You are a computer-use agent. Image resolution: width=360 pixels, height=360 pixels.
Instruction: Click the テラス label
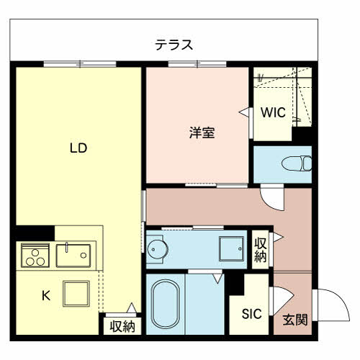pos(174,45)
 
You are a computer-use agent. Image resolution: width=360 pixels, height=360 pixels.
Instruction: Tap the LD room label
pos(78,148)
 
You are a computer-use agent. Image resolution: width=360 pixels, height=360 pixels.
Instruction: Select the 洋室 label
pos(202,132)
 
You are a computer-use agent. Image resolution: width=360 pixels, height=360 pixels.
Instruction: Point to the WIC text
pos(273,112)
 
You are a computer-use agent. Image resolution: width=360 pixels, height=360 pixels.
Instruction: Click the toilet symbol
pos(297,163)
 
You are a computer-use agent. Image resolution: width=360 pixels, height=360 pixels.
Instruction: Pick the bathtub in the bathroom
pos(165,304)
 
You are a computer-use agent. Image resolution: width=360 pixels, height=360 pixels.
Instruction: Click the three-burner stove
pos(35,256)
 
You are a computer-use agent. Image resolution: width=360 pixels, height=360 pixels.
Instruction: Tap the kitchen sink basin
pos(73,256)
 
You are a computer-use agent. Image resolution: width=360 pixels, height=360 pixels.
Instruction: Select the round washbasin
pos(157,249)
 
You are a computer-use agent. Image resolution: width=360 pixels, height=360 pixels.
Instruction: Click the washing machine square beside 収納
pos(231,248)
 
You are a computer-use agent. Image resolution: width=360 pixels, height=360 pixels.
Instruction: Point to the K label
pos(46,295)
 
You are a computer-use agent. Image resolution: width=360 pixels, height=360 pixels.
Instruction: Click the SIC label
pos(251,314)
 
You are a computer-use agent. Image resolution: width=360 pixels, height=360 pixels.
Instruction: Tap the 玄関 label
pos(295,320)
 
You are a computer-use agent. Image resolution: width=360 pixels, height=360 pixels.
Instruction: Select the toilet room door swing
pos(273,198)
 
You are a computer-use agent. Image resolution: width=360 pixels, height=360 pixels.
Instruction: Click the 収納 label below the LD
pos(122,326)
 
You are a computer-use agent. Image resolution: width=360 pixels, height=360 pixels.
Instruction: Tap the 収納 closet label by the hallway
pos(260,250)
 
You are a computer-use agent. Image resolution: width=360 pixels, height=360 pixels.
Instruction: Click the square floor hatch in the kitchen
pos(76,294)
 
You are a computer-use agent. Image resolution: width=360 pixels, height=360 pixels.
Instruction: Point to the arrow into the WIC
pos(244,112)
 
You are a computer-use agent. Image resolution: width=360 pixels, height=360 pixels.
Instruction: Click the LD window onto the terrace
pos(80,64)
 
